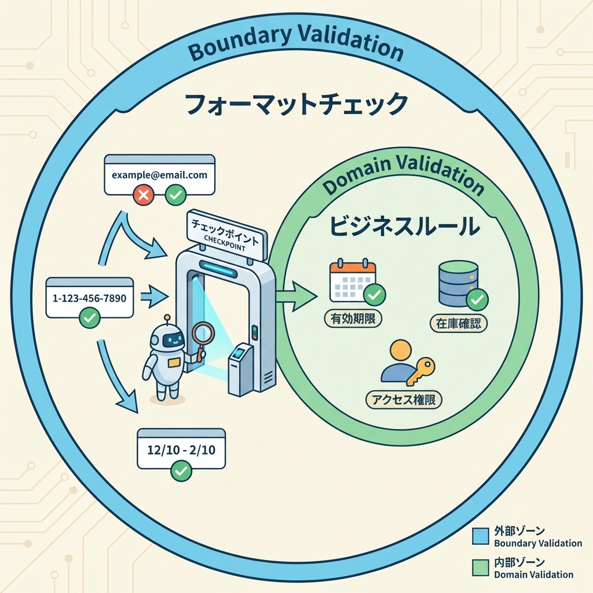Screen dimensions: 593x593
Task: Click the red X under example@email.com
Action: click(143, 195)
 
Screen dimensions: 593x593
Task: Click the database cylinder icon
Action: click(458, 283)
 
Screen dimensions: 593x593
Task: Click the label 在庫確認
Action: click(459, 323)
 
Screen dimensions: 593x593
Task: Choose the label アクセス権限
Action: click(404, 400)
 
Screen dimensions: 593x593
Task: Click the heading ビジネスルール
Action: click(405, 226)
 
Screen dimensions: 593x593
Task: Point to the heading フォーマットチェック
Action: click(296, 105)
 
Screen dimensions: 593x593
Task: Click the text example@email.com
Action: click(159, 174)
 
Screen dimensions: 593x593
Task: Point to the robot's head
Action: click(167, 339)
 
